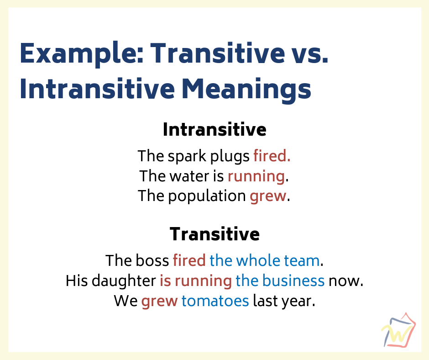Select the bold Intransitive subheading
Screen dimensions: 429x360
point(214,129)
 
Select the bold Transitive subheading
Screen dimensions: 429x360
point(214,234)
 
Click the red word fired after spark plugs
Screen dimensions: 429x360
point(272,156)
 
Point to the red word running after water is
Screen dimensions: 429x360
point(256,176)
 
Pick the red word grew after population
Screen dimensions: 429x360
point(268,196)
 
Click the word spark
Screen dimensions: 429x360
point(187,156)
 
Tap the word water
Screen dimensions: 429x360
point(189,176)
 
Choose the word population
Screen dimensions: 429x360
point(207,196)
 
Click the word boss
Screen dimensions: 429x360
point(152,260)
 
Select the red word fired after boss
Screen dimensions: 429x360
point(189,260)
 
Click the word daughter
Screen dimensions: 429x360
point(124,281)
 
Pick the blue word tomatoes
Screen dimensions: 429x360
point(215,301)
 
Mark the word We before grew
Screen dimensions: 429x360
point(126,301)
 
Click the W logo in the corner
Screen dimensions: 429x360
point(398,330)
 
